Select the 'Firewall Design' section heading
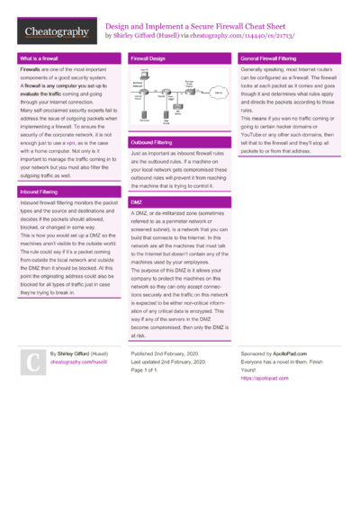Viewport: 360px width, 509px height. coord(148,58)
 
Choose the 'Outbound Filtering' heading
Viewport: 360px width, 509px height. coord(152,143)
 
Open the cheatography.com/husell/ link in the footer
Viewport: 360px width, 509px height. coord(78,362)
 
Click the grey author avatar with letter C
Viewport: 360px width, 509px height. coord(32,362)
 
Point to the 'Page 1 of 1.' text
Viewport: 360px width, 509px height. coord(150,370)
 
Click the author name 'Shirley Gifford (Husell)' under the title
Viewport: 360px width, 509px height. coord(146,37)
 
